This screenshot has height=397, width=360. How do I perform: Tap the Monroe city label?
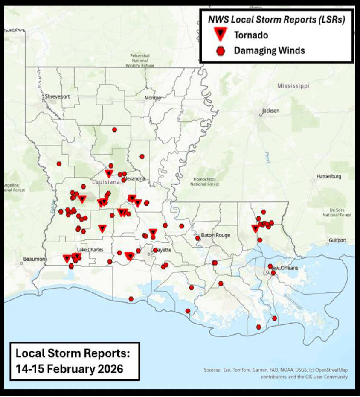[x=153, y=98]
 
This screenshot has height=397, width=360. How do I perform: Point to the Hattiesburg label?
[x=329, y=176]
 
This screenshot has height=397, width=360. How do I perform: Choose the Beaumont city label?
[x=35, y=259]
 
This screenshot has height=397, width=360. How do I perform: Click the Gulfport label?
[x=337, y=241]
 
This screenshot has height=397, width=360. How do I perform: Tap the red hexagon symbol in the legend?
[x=220, y=51]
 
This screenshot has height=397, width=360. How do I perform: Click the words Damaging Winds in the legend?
[x=269, y=51]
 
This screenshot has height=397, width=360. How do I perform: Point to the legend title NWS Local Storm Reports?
[x=276, y=19]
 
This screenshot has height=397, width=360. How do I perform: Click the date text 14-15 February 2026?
[x=69, y=368]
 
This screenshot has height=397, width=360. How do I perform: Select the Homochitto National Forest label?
[x=205, y=181]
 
